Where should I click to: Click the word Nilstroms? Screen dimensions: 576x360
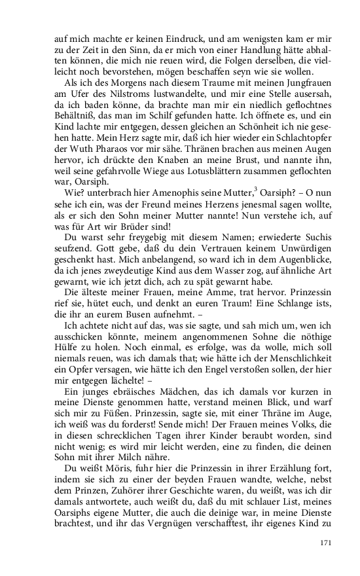[x=117, y=96]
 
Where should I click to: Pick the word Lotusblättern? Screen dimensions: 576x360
[x=190, y=179]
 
